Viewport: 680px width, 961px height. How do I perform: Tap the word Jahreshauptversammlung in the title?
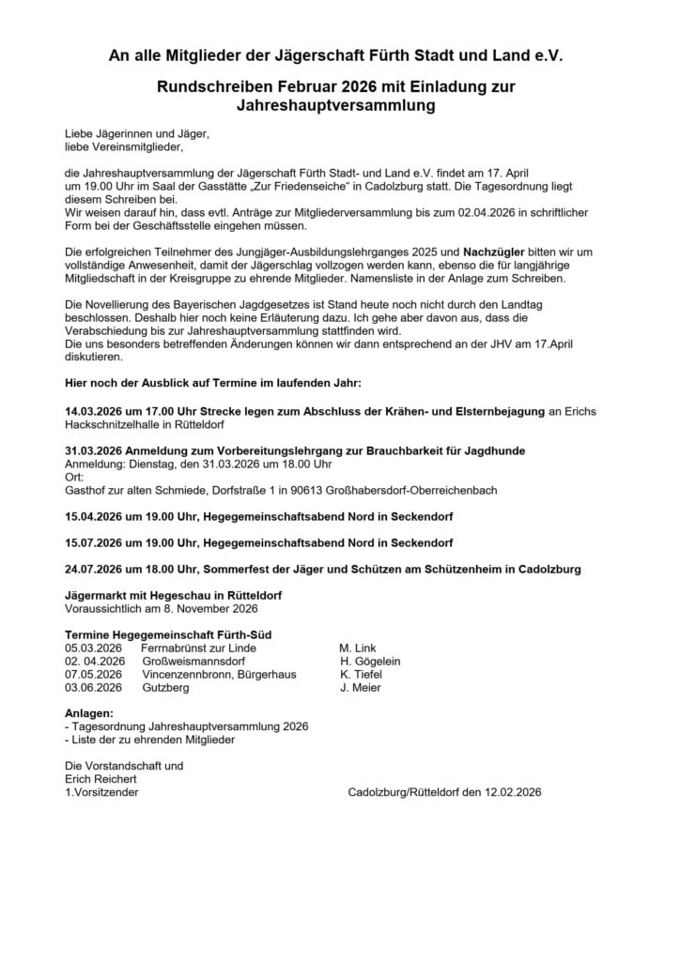(339, 106)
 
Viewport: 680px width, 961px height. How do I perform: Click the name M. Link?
(357, 648)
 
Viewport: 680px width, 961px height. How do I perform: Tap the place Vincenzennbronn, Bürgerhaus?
(218, 674)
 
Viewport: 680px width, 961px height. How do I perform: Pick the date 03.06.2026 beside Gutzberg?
(93, 687)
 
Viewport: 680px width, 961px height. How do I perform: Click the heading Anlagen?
(89, 713)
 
